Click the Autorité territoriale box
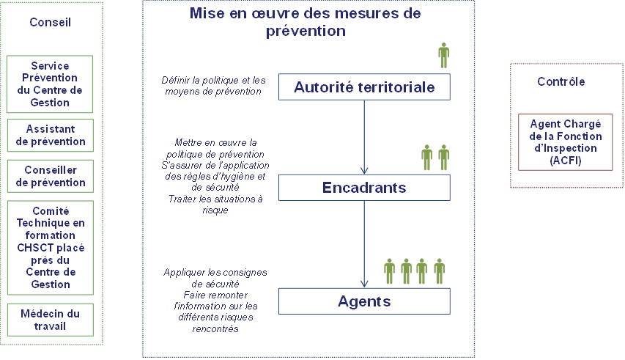coord(364,87)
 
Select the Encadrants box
coord(364,188)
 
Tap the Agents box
coord(364,301)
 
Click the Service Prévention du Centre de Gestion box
coord(50,84)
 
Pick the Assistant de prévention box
coord(51,135)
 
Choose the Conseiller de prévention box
coord(51,176)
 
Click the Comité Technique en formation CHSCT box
coord(51,248)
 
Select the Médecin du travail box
coord(51,320)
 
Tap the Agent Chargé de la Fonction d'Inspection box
coord(565,142)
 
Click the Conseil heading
coord(51,22)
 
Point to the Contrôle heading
coord(561,81)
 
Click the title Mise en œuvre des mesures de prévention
coord(306,22)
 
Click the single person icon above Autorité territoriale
coord(443,56)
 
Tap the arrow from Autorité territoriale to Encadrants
coord(364,137)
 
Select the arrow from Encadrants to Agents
coord(364,244)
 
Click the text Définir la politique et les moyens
coord(214,86)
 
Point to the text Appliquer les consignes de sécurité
coord(215,279)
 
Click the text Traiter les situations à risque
coord(215,205)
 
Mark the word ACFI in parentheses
coord(566,161)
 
